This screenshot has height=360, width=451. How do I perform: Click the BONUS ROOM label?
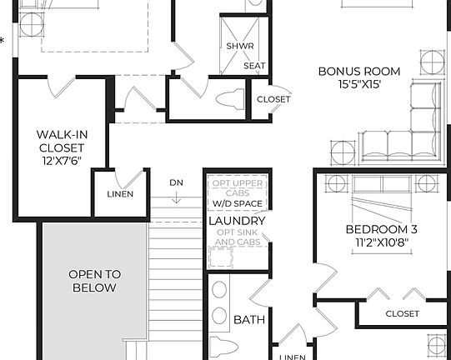(x=358, y=71)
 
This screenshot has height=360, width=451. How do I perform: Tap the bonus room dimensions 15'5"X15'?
(x=358, y=84)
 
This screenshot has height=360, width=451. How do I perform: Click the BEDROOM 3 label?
(x=381, y=229)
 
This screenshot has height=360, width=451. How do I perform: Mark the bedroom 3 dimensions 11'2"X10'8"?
(x=381, y=243)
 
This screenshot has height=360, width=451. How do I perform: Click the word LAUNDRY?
(x=237, y=221)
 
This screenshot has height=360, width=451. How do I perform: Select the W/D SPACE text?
(x=237, y=203)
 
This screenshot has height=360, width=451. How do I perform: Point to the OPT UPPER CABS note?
(x=237, y=187)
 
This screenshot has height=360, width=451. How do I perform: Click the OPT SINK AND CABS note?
(x=237, y=237)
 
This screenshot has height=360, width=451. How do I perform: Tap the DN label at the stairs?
(x=176, y=182)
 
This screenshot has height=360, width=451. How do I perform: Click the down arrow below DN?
(x=177, y=198)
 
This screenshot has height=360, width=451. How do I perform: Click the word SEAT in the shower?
(x=253, y=65)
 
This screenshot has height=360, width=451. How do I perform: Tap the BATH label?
(x=248, y=319)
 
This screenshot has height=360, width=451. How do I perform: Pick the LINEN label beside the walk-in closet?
(x=120, y=194)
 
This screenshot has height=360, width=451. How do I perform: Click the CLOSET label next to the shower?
(x=273, y=99)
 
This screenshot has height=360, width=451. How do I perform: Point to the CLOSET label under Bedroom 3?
(x=402, y=313)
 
